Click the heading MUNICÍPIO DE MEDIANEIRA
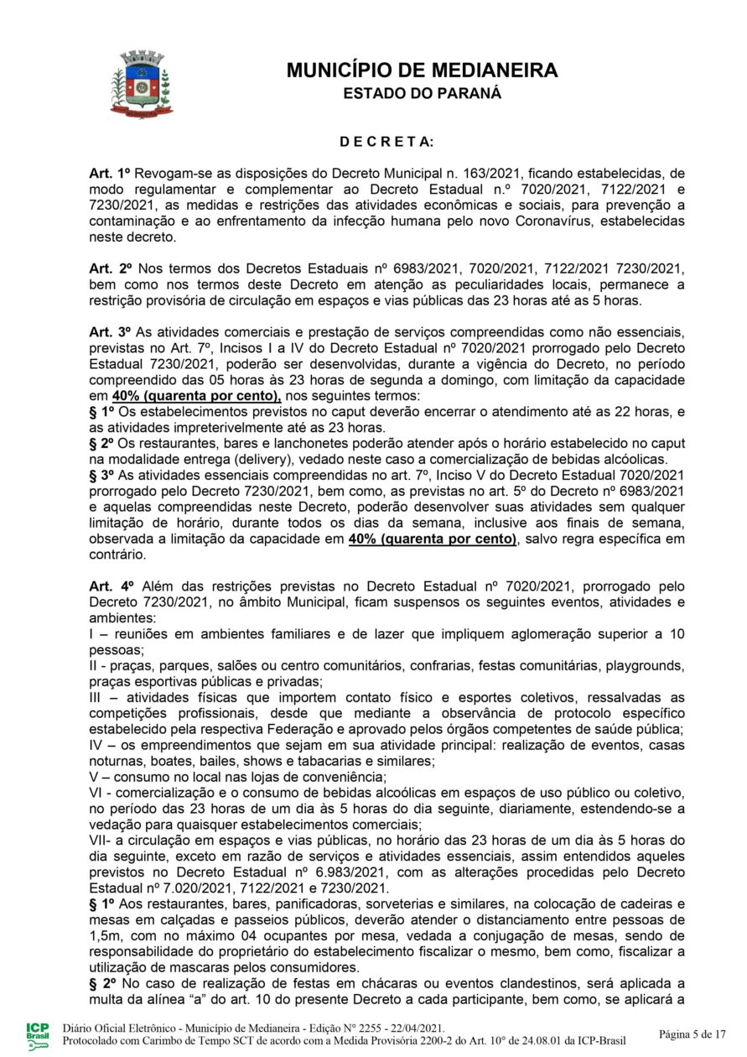click(x=422, y=70)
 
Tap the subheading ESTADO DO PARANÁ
click(x=422, y=93)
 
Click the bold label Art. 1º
click(x=107, y=172)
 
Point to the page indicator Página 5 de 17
click(x=691, y=1034)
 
